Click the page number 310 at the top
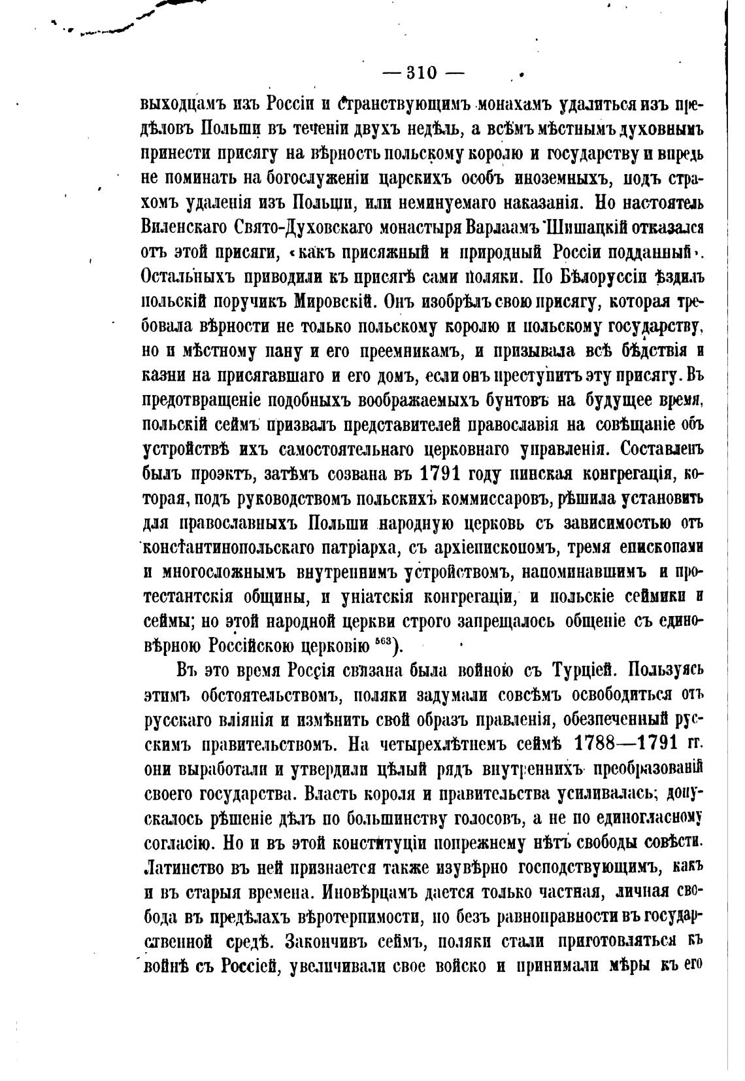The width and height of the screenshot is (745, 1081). click(422, 73)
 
